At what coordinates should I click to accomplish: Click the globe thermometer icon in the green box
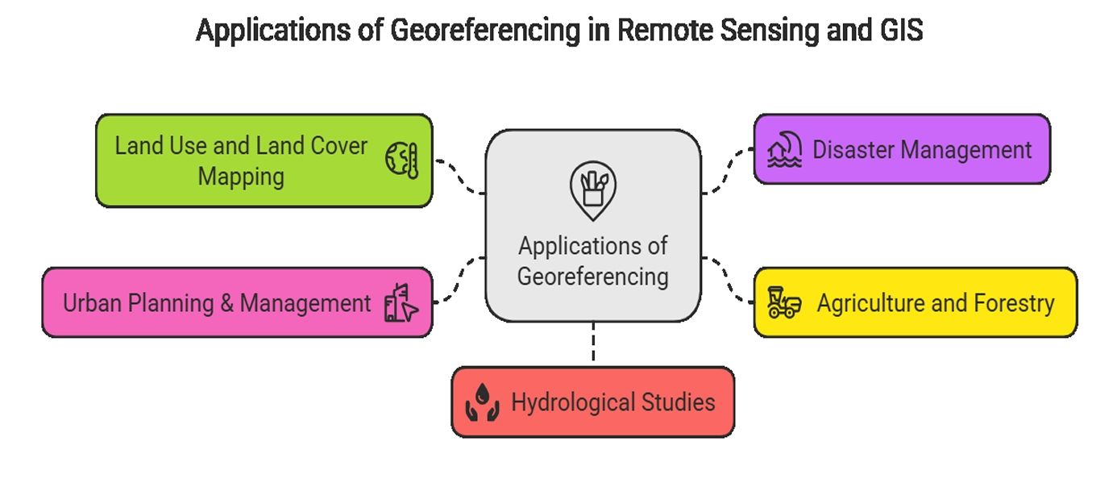tap(401, 160)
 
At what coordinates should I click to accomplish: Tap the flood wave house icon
tap(784, 150)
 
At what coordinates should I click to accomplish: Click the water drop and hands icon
tap(482, 402)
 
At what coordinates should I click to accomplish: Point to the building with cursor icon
tap(401, 303)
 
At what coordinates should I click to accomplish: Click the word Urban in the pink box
tap(89, 303)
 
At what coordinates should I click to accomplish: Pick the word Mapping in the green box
tap(241, 176)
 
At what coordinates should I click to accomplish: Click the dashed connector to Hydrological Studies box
tap(593, 343)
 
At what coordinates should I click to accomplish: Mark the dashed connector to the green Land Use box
tap(459, 174)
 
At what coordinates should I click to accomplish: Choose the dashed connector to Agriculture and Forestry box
tap(727, 278)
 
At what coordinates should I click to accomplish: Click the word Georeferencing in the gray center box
tap(592, 277)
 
